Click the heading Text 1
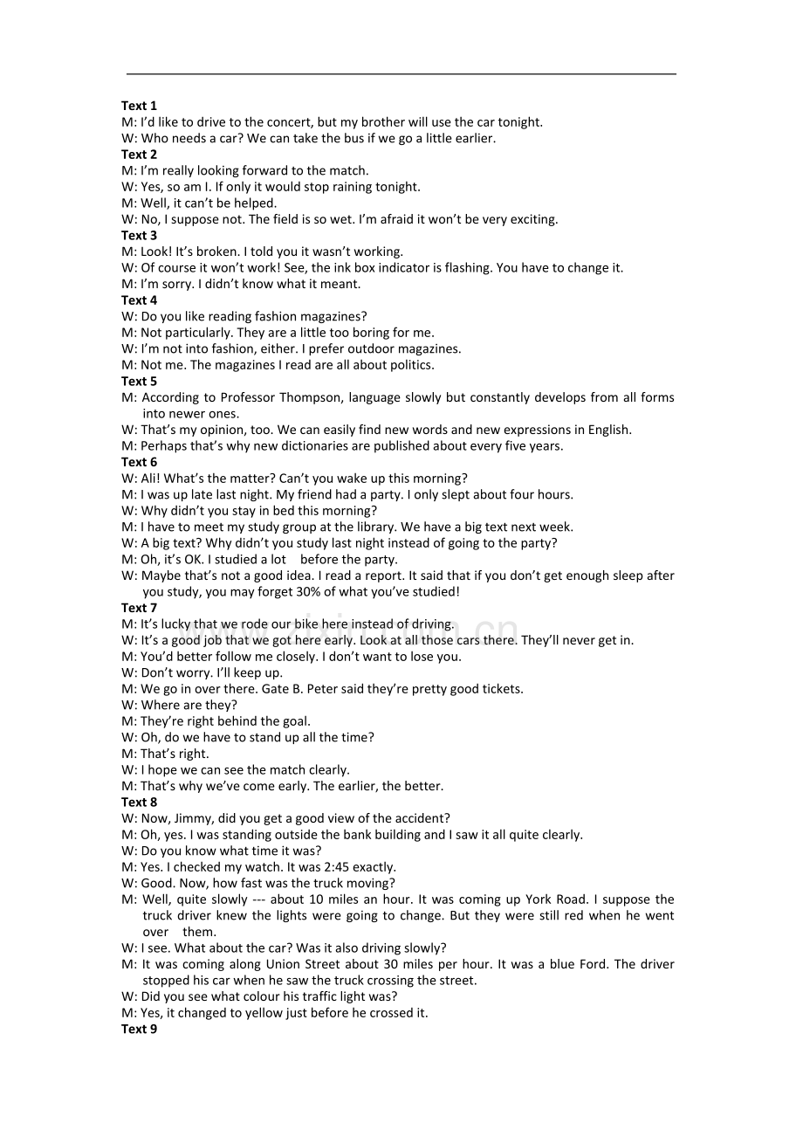point(139,106)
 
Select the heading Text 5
point(139,381)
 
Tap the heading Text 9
point(139,1029)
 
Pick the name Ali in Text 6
point(149,479)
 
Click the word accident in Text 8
point(421,818)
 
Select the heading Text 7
point(139,608)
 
